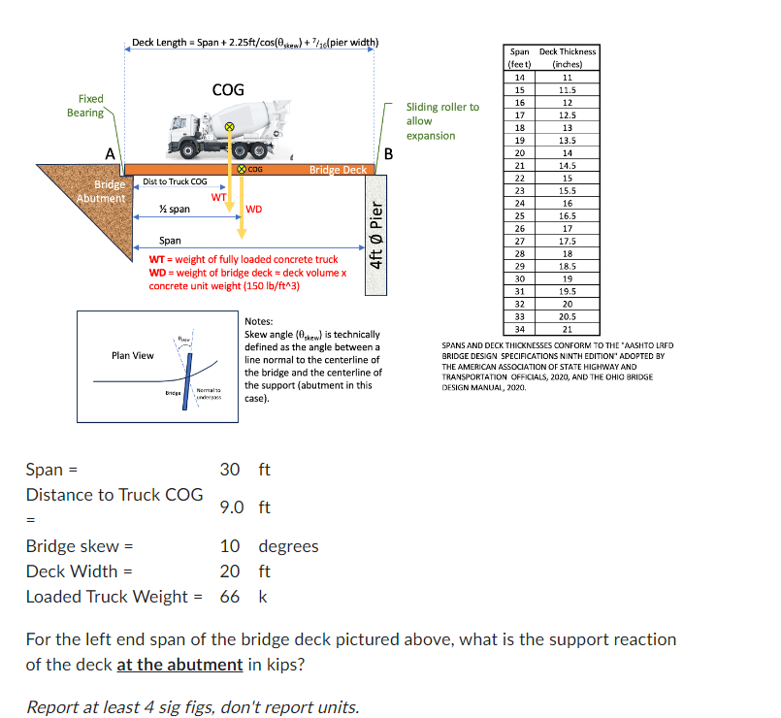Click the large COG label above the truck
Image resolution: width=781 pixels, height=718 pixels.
click(228, 89)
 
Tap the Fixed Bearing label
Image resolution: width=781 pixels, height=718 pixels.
click(85, 106)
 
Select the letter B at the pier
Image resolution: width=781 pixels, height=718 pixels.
click(388, 153)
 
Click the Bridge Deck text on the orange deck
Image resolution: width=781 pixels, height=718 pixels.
click(338, 170)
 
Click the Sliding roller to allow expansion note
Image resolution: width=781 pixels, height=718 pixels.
click(441, 121)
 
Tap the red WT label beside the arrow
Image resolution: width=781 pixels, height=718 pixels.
click(218, 196)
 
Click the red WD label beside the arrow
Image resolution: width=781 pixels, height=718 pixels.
click(254, 209)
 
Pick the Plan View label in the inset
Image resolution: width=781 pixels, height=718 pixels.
click(132, 355)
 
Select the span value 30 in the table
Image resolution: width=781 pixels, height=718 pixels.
click(519, 277)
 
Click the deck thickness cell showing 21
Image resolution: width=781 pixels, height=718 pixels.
click(568, 328)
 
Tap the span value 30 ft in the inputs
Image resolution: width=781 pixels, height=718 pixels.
click(230, 470)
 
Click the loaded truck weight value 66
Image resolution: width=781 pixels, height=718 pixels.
click(229, 596)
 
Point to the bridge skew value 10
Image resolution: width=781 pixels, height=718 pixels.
click(229, 545)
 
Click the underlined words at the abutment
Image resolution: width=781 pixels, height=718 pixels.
click(179, 665)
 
